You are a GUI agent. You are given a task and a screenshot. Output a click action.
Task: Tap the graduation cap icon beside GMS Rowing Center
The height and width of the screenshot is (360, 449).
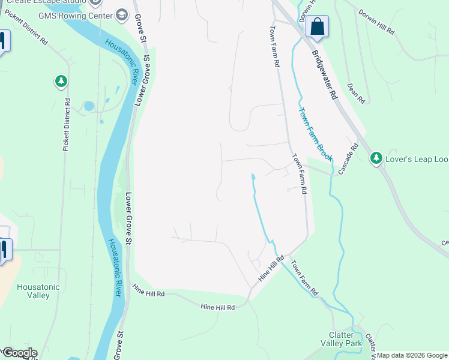pyautogui.click(x=122, y=14)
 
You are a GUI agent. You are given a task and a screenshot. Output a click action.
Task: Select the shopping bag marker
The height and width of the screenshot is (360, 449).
pyautogui.click(x=317, y=27)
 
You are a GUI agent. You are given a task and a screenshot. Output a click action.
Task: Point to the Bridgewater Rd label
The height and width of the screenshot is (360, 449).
pyautogui.click(x=324, y=74)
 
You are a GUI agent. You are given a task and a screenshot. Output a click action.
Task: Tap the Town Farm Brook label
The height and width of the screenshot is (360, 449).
pyautogui.click(x=315, y=133)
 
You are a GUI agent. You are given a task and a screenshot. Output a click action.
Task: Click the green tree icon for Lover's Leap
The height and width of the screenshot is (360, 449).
pyautogui.click(x=376, y=158)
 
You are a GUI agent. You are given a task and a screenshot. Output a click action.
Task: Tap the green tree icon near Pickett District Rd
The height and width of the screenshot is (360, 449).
pyautogui.click(x=60, y=80)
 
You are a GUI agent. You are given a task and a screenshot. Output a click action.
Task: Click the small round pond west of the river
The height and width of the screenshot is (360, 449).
pyautogui.click(x=89, y=106)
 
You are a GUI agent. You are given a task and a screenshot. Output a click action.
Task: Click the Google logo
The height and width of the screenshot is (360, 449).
pyautogui.click(x=19, y=353)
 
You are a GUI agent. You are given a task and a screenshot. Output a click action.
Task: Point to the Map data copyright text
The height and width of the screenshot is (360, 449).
pyautogui.click(x=412, y=355)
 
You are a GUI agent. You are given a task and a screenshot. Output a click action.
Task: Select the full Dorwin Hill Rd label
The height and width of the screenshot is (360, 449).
pyautogui.click(x=376, y=22)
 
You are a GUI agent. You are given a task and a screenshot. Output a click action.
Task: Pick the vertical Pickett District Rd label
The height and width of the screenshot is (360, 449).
pyautogui.click(x=67, y=125)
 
